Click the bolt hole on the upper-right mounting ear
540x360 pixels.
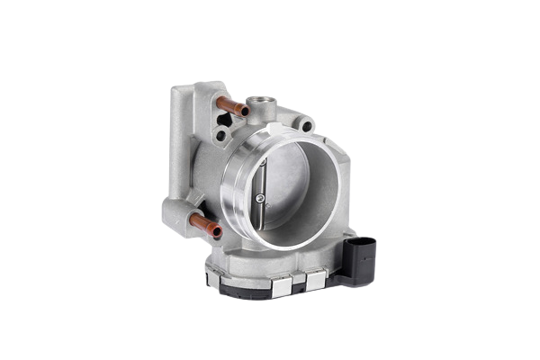(x=309, y=128)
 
